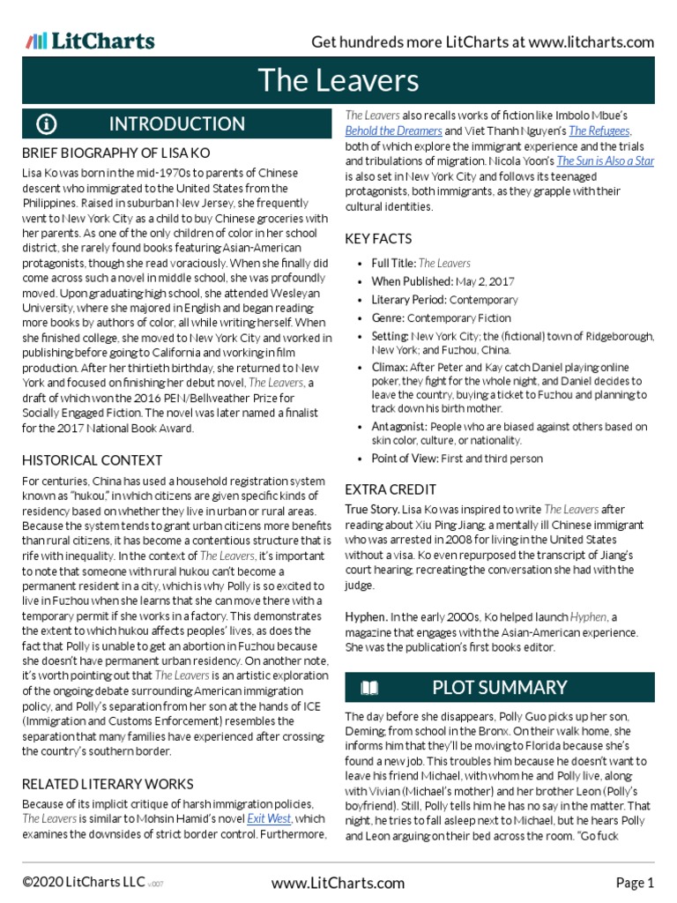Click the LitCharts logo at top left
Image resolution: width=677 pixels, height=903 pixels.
click(x=90, y=41)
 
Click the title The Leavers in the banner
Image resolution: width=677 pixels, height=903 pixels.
click(x=338, y=80)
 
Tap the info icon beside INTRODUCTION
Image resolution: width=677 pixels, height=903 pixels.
click(x=47, y=123)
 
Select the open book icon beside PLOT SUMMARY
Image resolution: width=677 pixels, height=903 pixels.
click(x=370, y=687)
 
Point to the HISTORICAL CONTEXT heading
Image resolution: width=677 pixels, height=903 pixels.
click(x=92, y=459)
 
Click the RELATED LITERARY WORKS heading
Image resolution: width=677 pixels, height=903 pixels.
click(x=108, y=783)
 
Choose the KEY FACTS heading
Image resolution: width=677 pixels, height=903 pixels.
click(x=378, y=239)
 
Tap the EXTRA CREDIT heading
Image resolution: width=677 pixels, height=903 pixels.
click(x=390, y=489)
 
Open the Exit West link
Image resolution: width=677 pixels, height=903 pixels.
click(x=269, y=819)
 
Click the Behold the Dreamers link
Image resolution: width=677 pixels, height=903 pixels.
click(x=393, y=131)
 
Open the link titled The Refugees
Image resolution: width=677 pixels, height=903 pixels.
click(x=600, y=131)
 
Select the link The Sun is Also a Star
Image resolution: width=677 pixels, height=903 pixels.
click(x=605, y=161)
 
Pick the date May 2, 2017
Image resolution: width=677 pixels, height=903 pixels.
click(x=483, y=281)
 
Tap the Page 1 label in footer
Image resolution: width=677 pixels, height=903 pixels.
click(x=635, y=882)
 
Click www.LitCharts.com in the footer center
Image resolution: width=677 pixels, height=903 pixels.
click(x=338, y=882)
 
